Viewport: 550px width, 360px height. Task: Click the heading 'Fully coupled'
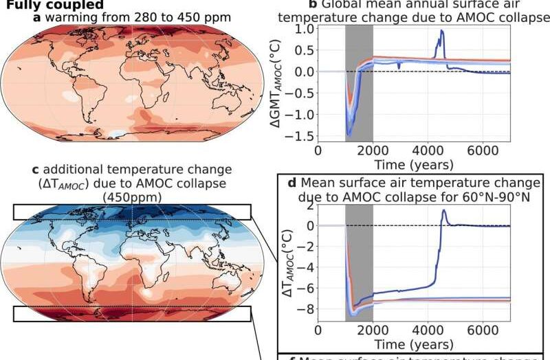pos(52,5)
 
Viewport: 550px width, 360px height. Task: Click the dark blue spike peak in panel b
pos(442,31)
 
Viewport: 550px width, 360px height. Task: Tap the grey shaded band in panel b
pos(359,82)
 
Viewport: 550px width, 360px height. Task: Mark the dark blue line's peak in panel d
pos(443,210)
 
